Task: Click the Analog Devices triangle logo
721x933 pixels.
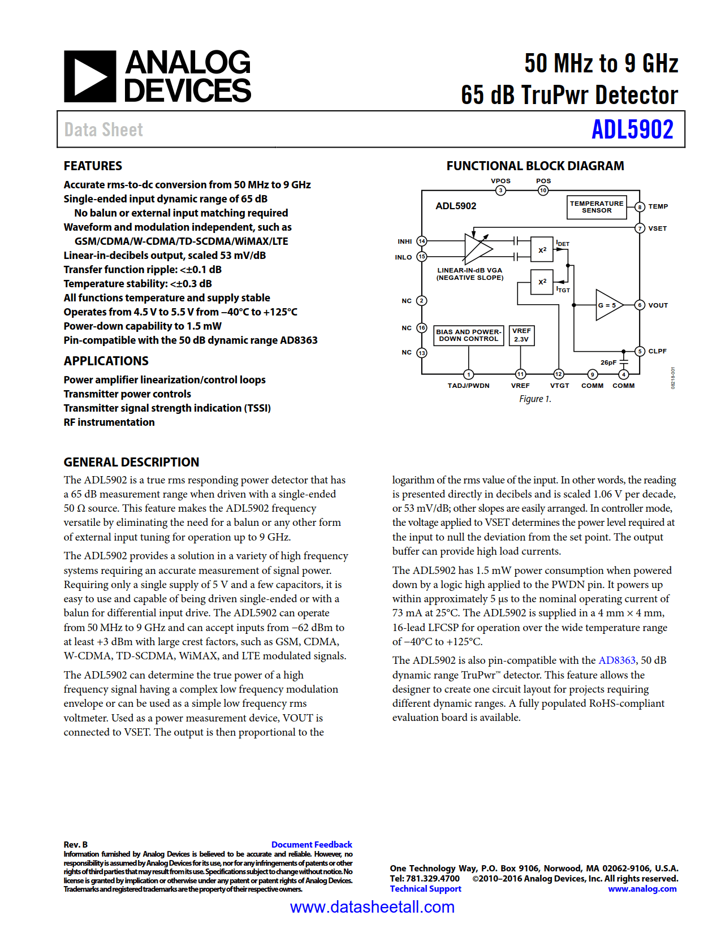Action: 90,76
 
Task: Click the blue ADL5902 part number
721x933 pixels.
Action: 632,129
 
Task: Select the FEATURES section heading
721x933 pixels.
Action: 93,166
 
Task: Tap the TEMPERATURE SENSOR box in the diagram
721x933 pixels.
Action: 597,207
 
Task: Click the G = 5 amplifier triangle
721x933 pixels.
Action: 607,305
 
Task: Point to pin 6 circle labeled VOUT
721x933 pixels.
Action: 640,305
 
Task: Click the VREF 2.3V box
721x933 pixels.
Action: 521,335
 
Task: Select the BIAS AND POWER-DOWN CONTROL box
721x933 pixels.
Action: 468,335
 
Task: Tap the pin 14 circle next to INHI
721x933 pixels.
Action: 421,241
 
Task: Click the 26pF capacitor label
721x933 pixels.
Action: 608,362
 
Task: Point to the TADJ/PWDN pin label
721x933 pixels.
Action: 468,386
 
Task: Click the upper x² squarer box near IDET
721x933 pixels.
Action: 542,249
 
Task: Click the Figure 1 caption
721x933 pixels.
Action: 535,399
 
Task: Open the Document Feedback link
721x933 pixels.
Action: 312,844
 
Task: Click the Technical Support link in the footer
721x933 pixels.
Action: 425,889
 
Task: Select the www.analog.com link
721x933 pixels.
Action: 642,889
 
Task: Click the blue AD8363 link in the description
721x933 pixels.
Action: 617,660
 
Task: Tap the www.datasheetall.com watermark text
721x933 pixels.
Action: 372,907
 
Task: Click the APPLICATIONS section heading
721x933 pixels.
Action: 106,361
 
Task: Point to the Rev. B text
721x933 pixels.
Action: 76,844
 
